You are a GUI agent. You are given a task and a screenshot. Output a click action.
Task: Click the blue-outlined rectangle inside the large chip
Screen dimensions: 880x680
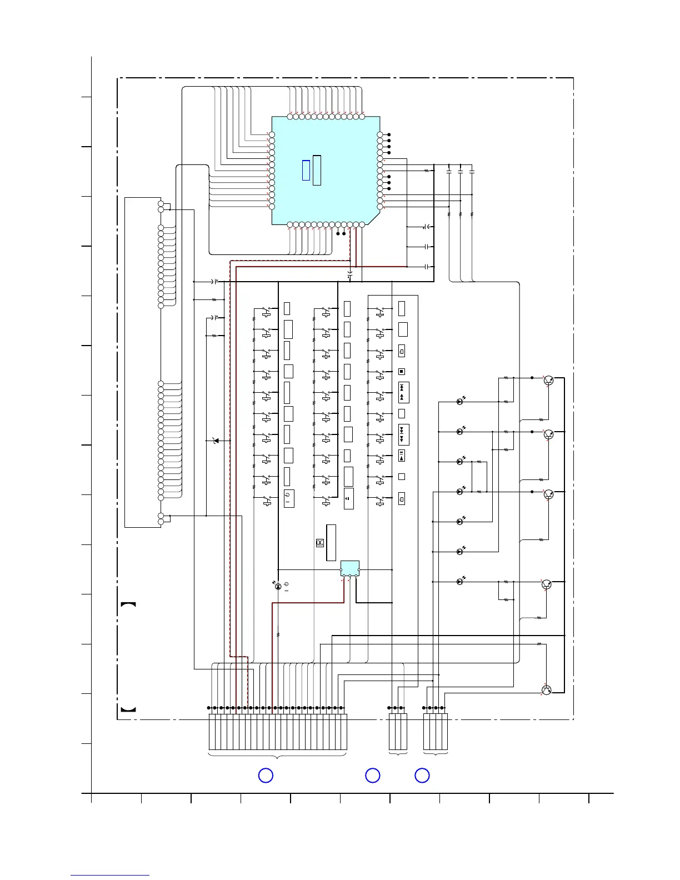point(306,170)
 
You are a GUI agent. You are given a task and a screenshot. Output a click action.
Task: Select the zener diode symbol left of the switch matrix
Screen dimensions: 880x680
point(216,441)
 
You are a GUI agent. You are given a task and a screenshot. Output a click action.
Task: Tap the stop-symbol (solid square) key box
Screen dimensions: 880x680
point(402,372)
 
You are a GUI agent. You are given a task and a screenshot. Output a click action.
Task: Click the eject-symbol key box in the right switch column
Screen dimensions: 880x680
point(402,456)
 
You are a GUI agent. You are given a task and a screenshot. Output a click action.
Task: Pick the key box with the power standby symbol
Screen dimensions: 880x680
point(288,498)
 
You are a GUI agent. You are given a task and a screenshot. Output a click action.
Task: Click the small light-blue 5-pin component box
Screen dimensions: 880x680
point(349,568)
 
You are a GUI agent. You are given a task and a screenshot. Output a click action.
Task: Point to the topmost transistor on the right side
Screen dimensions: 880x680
point(548,381)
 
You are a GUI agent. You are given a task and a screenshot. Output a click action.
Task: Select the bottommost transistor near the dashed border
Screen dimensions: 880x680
point(546,690)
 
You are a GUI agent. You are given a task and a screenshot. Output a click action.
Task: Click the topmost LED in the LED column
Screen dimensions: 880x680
point(460,402)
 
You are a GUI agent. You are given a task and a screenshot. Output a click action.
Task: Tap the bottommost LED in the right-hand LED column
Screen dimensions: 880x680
point(460,582)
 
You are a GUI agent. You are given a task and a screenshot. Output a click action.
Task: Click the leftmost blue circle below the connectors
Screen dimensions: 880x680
point(266,776)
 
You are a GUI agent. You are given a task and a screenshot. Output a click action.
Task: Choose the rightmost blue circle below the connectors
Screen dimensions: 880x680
point(422,776)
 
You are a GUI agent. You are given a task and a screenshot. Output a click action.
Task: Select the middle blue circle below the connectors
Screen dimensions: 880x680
point(372,776)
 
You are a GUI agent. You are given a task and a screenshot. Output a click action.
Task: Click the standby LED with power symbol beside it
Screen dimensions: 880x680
point(278,587)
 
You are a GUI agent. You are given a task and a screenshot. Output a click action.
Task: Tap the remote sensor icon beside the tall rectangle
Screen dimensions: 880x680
point(320,543)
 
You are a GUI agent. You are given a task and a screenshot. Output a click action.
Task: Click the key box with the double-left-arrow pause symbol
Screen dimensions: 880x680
point(348,498)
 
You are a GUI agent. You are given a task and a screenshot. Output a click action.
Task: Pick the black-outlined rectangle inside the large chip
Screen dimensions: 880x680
point(317,171)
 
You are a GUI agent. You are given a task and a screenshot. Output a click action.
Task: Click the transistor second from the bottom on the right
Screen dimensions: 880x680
point(546,584)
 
